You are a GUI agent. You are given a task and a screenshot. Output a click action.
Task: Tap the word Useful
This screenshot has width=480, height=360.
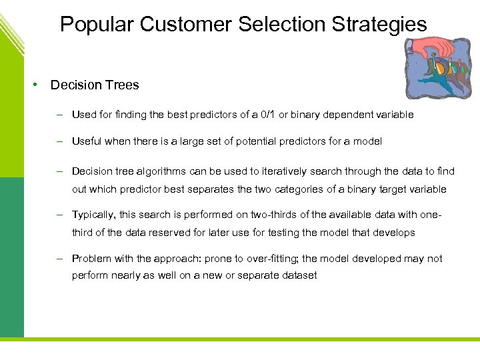pos(87,141)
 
